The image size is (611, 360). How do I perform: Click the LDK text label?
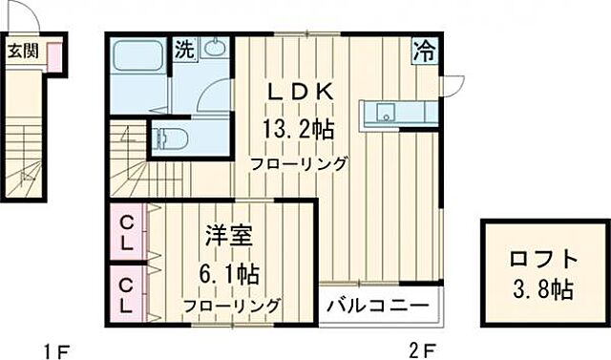(x=299, y=93)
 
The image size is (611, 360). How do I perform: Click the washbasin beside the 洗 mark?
(x=214, y=49)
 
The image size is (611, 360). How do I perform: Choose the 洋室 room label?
(x=228, y=235)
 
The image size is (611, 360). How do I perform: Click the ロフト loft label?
(x=541, y=258)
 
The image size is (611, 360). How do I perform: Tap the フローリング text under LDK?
(x=299, y=163)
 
